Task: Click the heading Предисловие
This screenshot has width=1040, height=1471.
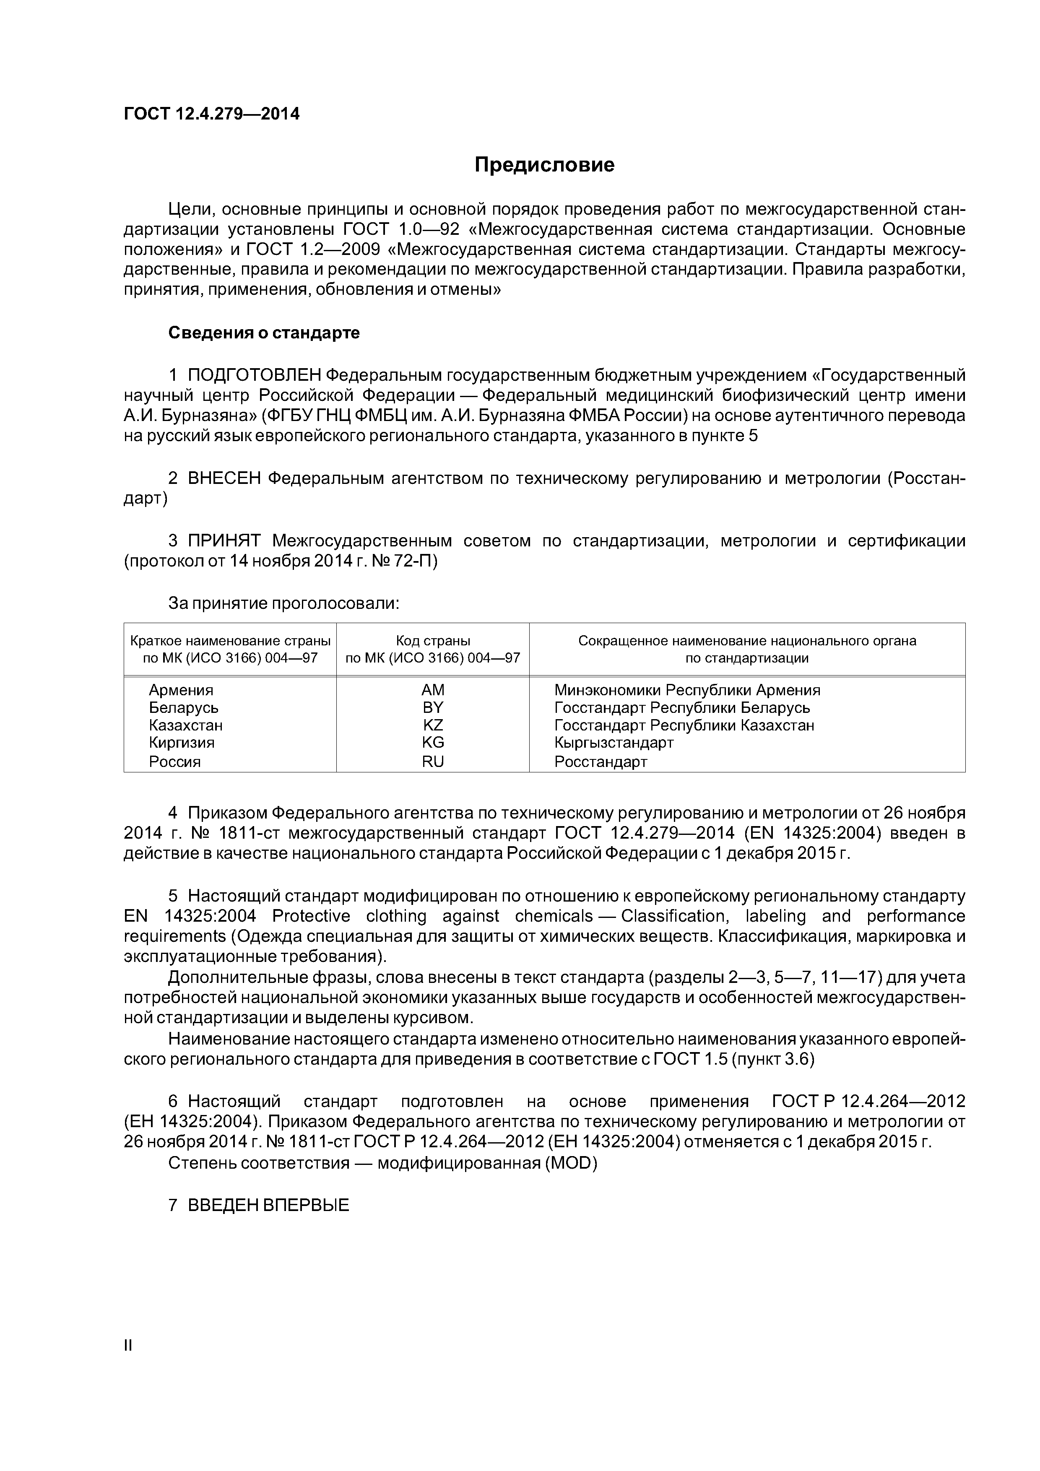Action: point(544,165)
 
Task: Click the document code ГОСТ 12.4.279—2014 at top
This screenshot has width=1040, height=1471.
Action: point(211,114)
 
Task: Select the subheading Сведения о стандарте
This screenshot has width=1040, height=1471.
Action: point(264,333)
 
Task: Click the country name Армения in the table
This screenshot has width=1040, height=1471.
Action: point(181,690)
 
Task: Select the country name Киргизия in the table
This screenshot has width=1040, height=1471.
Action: point(181,743)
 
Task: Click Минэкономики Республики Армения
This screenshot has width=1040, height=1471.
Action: point(687,690)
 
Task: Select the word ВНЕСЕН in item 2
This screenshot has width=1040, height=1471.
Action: point(224,478)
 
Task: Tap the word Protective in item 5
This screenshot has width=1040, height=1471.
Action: point(311,916)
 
